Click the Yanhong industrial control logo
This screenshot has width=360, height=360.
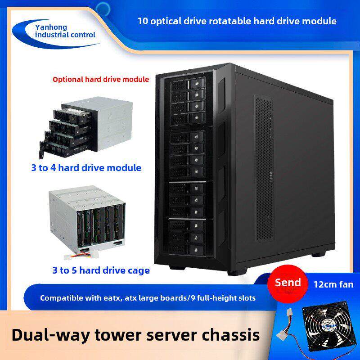[x=56, y=33]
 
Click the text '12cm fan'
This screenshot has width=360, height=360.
[x=333, y=284]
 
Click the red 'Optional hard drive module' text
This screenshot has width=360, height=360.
[x=101, y=80]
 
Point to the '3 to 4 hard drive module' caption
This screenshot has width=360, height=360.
[x=86, y=168]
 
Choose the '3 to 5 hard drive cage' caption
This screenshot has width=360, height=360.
[x=101, y=270]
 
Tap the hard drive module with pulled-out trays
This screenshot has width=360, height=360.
[x=86, y=128]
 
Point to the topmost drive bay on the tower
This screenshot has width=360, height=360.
[x=188, y=83]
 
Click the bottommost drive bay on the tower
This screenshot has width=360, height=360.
[x=186, y=249]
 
